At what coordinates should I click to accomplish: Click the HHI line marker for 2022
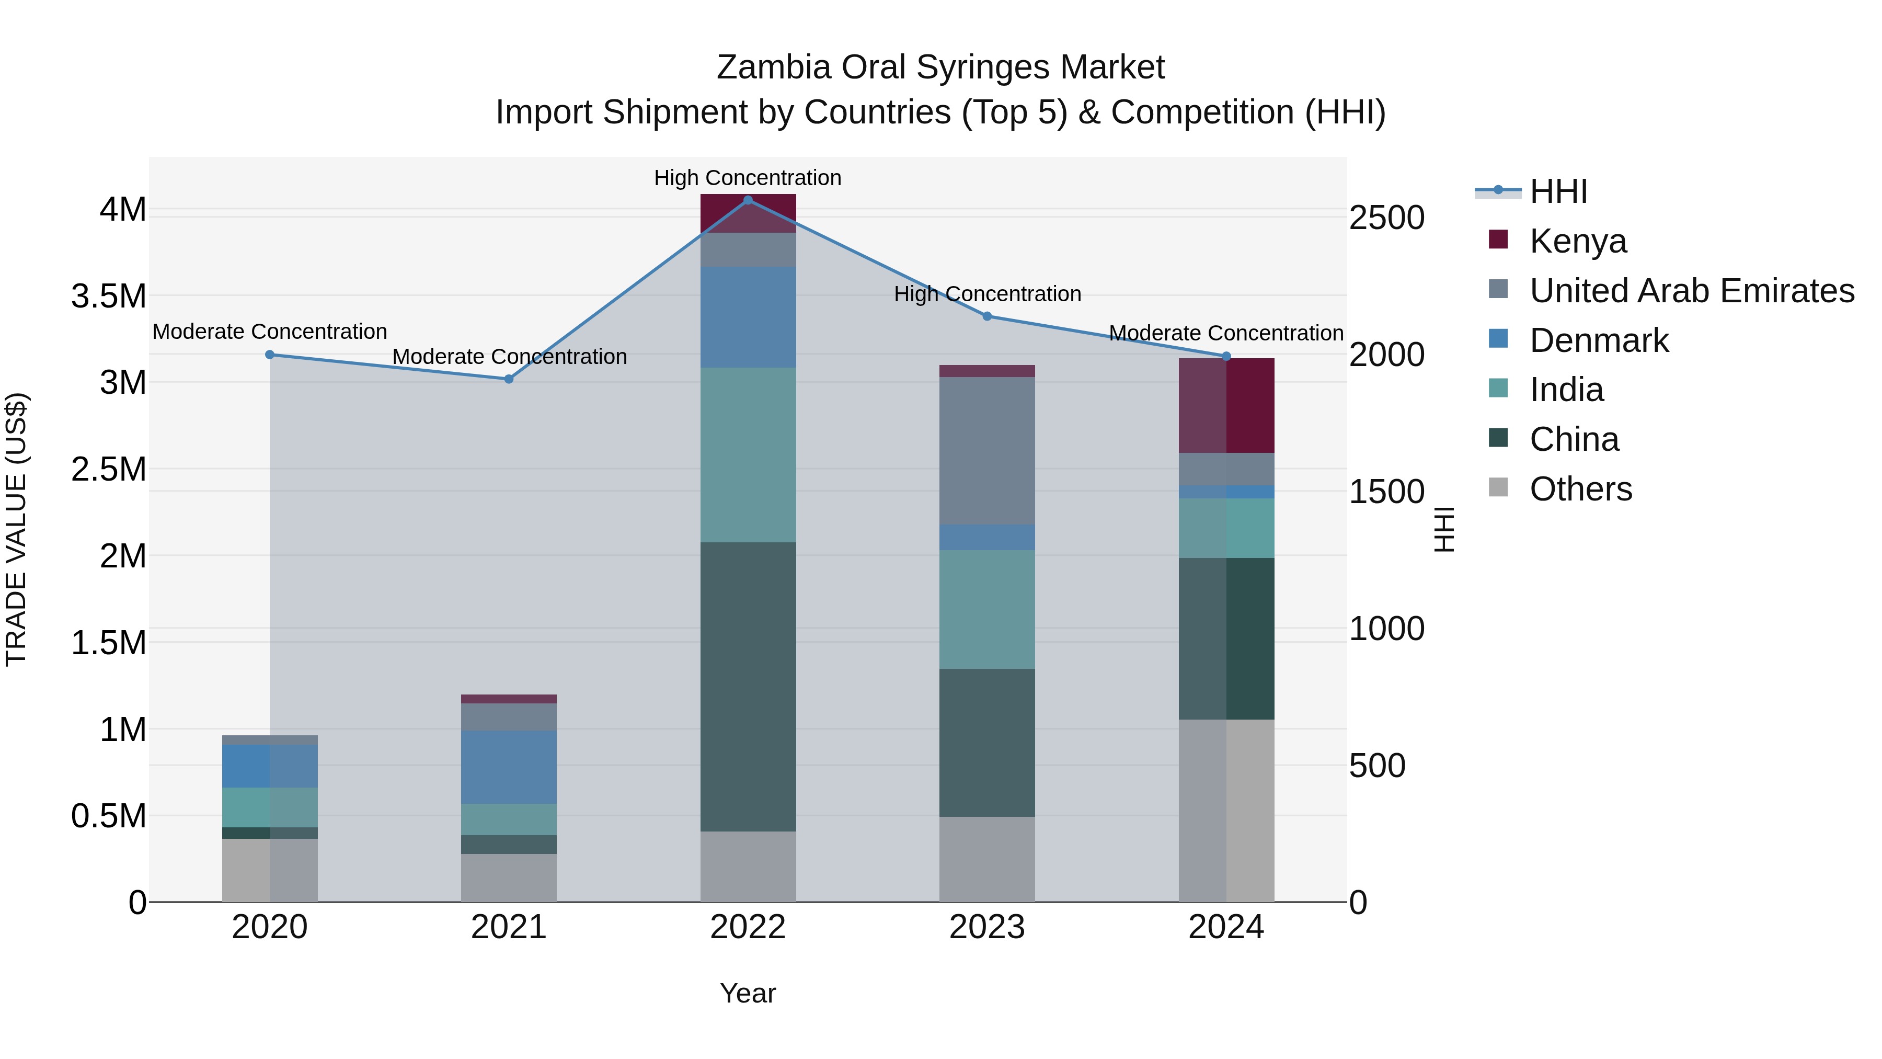pyautogui.click(x=748, y=200)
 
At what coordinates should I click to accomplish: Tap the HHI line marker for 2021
pyautogui.click(x=509, y=379)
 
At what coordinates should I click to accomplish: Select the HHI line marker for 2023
pyautogui.click(x=987, y=316)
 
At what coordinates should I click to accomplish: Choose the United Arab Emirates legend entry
pyautogui.click(x=1691, y=291)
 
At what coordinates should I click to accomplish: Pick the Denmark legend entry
pyautogui.click(x=1599, y=340)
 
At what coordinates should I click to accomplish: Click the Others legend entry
pyautogui.click(x=1580, y=489)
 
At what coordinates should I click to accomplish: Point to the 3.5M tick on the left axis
pyautogui.click(x=109, y=296)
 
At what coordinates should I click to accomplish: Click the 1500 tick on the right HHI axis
pyautogui.click(x=1386, y=492)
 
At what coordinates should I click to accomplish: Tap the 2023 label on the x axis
pyautogui.click(x=987, y=927)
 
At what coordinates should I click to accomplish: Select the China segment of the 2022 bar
pyautogui.click(x=748, y=687)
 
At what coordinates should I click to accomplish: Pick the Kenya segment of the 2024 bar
pyautogui.click(x=1226, y=406)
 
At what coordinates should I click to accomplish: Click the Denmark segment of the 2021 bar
pyautogui.click(x=509, y=767)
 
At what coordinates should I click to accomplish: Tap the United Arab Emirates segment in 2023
pyautogui.click(x=987, y=450)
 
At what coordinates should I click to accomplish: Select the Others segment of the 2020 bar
pyautogui.click(x=270, y=870)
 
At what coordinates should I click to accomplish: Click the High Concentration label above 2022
pyautogui.click(x=748, y=178)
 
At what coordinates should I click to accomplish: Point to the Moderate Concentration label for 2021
pyautogui.click(x=509, y=357)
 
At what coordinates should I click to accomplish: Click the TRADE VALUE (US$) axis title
pyautogui.click(x=16, y=529)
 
